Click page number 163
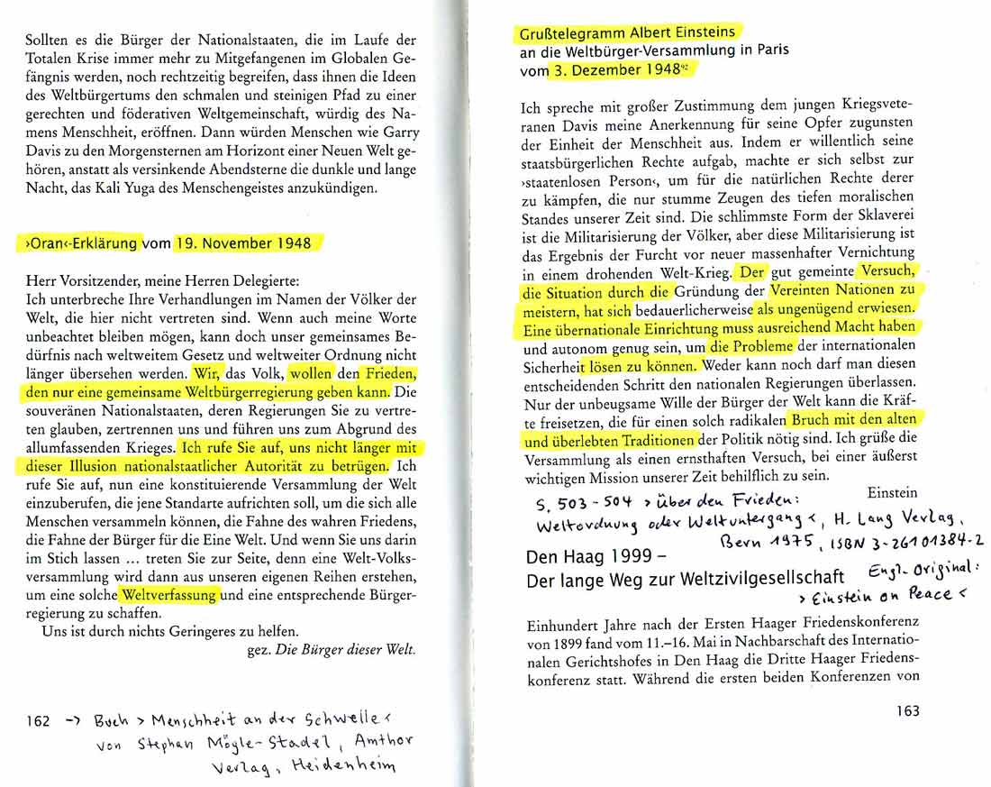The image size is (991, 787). [907, 711]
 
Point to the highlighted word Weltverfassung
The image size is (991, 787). [169, 595]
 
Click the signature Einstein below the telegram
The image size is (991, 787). [893, 492]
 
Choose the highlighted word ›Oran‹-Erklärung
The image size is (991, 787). [78, 243]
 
